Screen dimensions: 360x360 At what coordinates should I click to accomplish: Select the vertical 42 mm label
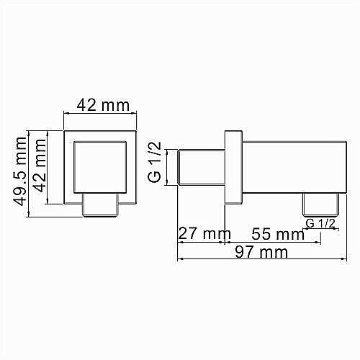click(40, 167)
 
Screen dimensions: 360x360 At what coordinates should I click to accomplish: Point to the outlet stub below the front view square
click(99, 204)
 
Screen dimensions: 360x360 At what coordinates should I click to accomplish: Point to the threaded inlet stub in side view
click(199, 168)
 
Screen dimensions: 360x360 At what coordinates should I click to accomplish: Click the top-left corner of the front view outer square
click(65, 132)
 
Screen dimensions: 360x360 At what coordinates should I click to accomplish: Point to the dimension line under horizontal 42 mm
click(99, 114)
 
